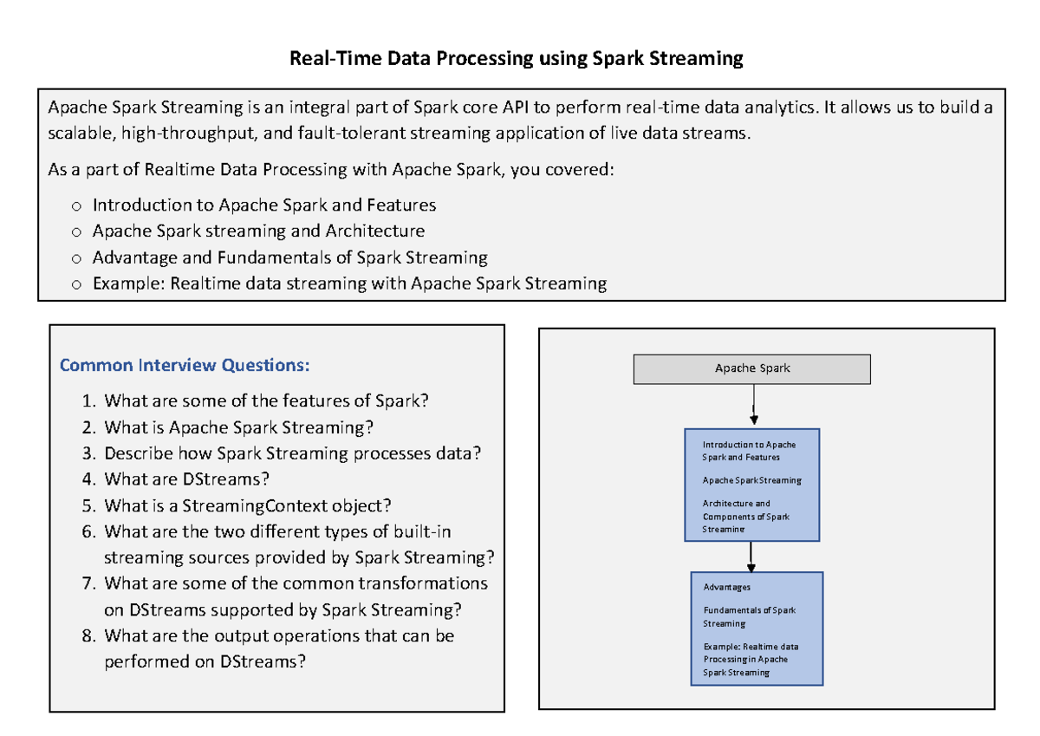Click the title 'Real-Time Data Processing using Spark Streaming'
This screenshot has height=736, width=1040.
[516, 59]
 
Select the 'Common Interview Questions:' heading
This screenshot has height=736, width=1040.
[184, 365]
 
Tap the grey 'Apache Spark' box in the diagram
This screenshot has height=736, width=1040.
[752, 368]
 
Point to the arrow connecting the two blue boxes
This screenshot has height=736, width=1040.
[751, 556]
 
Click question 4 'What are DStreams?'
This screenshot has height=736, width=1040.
[186, 479]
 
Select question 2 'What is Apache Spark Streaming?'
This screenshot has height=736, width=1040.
[238, 427]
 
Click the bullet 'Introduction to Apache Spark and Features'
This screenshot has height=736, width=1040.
[263, 205]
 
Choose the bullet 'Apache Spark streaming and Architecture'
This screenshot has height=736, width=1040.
[258, 231]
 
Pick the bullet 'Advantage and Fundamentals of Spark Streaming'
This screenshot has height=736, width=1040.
[289, 257]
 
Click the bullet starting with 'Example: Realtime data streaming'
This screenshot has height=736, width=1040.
[349, 283]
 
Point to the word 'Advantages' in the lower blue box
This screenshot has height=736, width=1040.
[727, 587]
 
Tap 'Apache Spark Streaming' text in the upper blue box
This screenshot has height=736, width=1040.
[751, 480]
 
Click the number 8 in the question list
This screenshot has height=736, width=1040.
[88, 635]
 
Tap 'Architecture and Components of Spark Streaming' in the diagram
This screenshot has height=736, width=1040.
[745, 516]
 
